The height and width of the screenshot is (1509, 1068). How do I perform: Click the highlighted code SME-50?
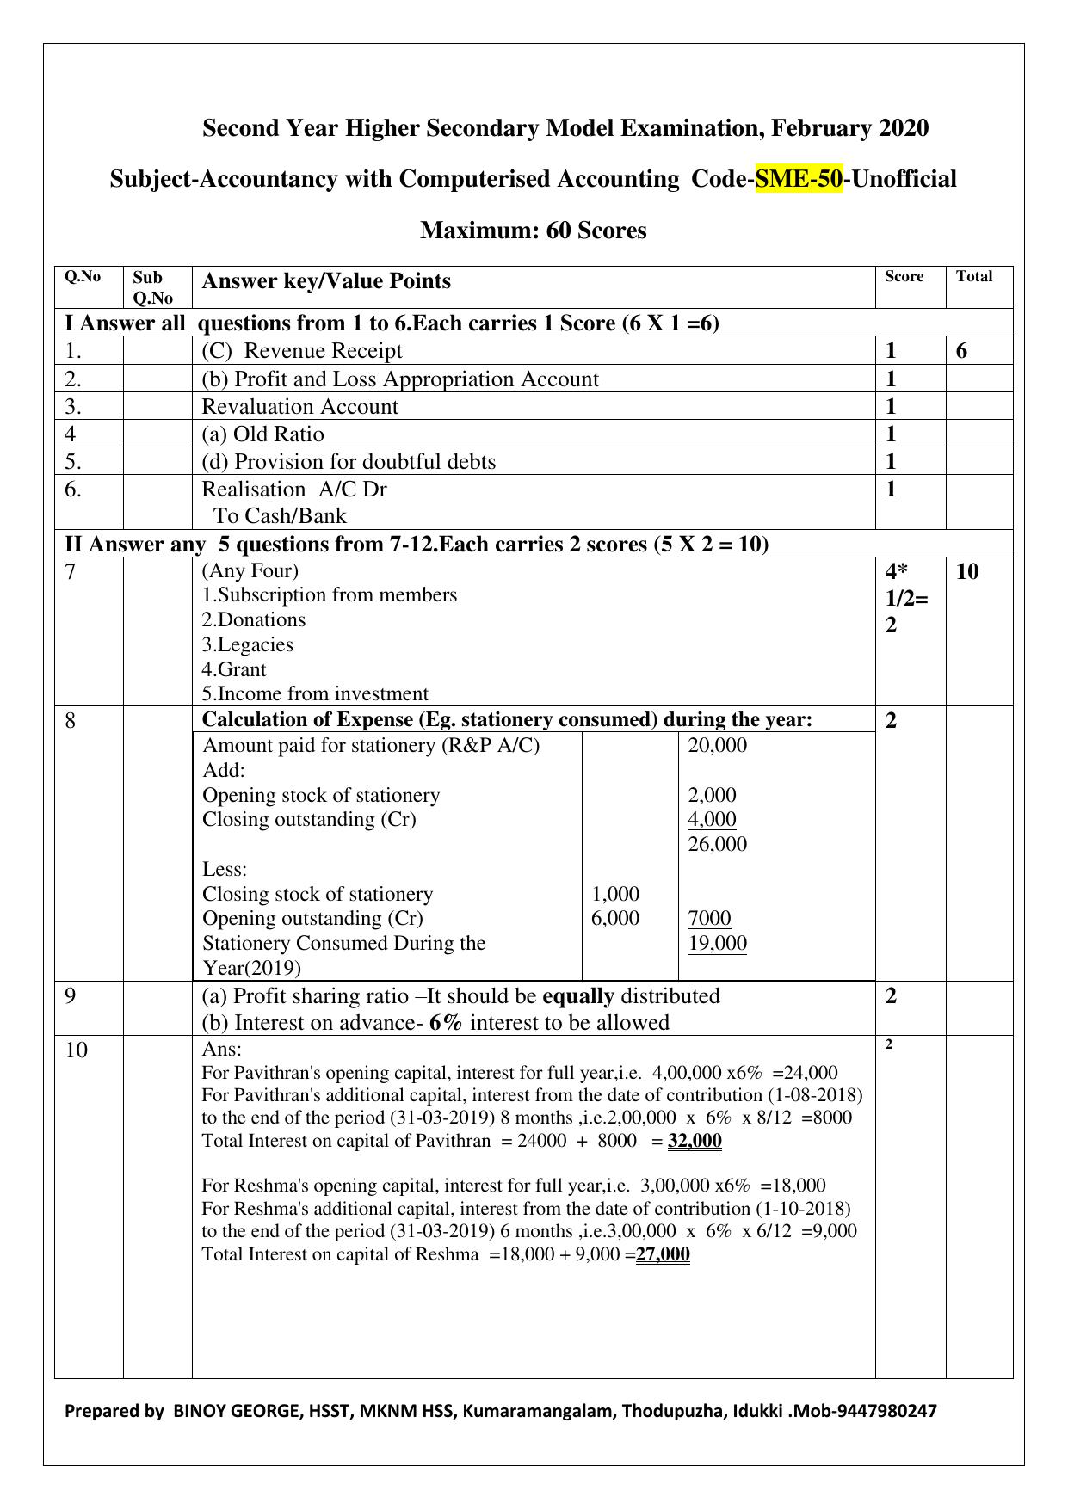(x=798, y=179)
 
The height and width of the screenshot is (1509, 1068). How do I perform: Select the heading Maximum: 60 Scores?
(x=533, y=231)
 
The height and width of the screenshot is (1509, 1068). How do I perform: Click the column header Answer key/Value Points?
(x=325, y=281)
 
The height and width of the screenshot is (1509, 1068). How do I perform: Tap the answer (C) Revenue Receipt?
(x=301, y=351)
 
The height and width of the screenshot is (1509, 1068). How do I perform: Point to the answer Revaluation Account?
(x=299, y=406)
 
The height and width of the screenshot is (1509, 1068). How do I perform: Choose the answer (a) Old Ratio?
(x=262, y=434)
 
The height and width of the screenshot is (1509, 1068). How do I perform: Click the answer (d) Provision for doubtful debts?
(x=349, y=461)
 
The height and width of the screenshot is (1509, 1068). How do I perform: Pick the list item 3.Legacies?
(x=248, y=644)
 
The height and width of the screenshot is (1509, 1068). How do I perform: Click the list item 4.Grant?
(x=234, y=669)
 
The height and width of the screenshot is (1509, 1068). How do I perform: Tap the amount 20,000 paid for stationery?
(x=717, y=745)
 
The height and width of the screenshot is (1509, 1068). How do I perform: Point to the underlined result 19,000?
(x=717, y=943)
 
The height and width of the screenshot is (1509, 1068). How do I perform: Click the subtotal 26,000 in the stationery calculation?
(x=717, y=844)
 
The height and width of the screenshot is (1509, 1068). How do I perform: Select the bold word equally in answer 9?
(x=578, y=996)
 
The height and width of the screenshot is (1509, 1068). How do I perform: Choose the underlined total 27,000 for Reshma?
(x=663, y=1253)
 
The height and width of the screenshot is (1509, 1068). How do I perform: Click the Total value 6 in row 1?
(x=961, y=351)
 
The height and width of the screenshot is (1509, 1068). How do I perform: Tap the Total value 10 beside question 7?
(x=967, y=572)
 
